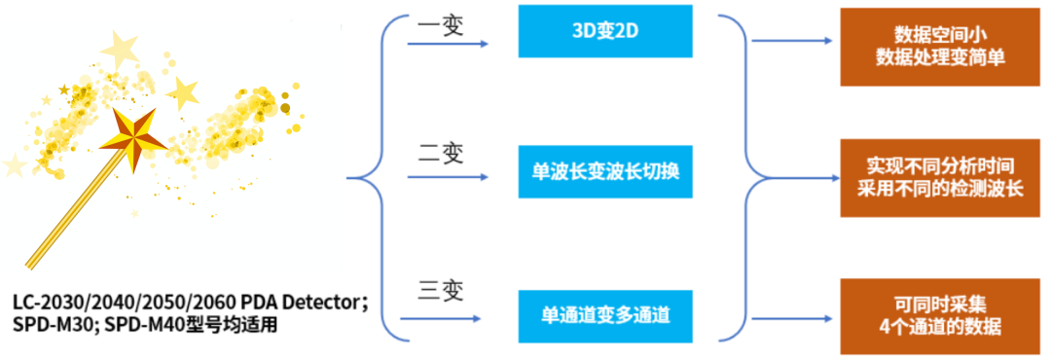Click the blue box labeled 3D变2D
coord(605,31)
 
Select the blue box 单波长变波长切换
coord(605,171)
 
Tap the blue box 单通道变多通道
coord(605,315)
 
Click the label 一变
coord(441,27)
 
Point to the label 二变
coord(441,156)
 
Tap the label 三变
coord(441,291)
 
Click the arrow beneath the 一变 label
coord(448,44)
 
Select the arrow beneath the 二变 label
coord(448,178)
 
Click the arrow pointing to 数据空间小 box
coord(792,40)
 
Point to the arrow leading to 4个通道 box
coord(792,319)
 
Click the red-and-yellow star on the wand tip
coord(132,137)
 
